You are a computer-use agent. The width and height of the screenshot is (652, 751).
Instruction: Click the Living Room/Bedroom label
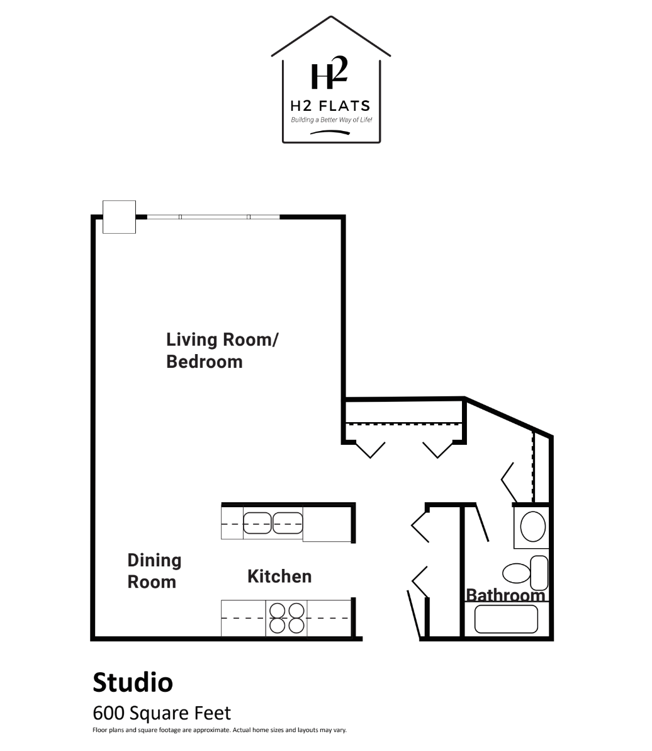(x=222, y=350)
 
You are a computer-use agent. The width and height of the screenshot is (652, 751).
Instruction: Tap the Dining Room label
(x=154, y=571)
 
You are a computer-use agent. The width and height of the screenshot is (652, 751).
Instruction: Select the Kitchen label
(x=279, y=576)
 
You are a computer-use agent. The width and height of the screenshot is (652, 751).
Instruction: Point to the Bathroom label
(x=505, y=595)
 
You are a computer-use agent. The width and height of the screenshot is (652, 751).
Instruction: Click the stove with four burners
(x=286, y=618)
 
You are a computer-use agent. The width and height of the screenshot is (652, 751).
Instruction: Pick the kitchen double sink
(x=273, y=522)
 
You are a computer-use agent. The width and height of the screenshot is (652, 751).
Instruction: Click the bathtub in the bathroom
(x=506, y=619)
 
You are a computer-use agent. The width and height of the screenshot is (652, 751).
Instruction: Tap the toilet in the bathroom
(x=526, y=573)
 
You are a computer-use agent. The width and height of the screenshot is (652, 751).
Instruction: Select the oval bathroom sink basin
(x=532, y=526)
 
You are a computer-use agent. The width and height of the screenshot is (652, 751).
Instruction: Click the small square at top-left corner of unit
(x=119, y=217)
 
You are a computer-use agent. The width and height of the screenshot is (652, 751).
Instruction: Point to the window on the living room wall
(x=213, y=217)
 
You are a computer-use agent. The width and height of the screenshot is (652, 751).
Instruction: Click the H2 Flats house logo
(x=331, y=79)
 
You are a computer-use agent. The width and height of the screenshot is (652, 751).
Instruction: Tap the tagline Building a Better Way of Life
(x=332, y=120)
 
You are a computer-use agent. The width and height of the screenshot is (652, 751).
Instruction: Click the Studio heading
(x=133, y=682)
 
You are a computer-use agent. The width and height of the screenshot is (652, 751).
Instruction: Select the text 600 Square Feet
(x=162, y=713)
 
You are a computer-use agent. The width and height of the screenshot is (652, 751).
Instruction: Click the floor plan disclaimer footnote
(x=220, y=730)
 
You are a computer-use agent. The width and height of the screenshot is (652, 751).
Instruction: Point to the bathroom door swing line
(x=481, y=522)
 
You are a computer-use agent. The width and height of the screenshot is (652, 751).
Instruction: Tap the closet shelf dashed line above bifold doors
(x=404, y=423)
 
